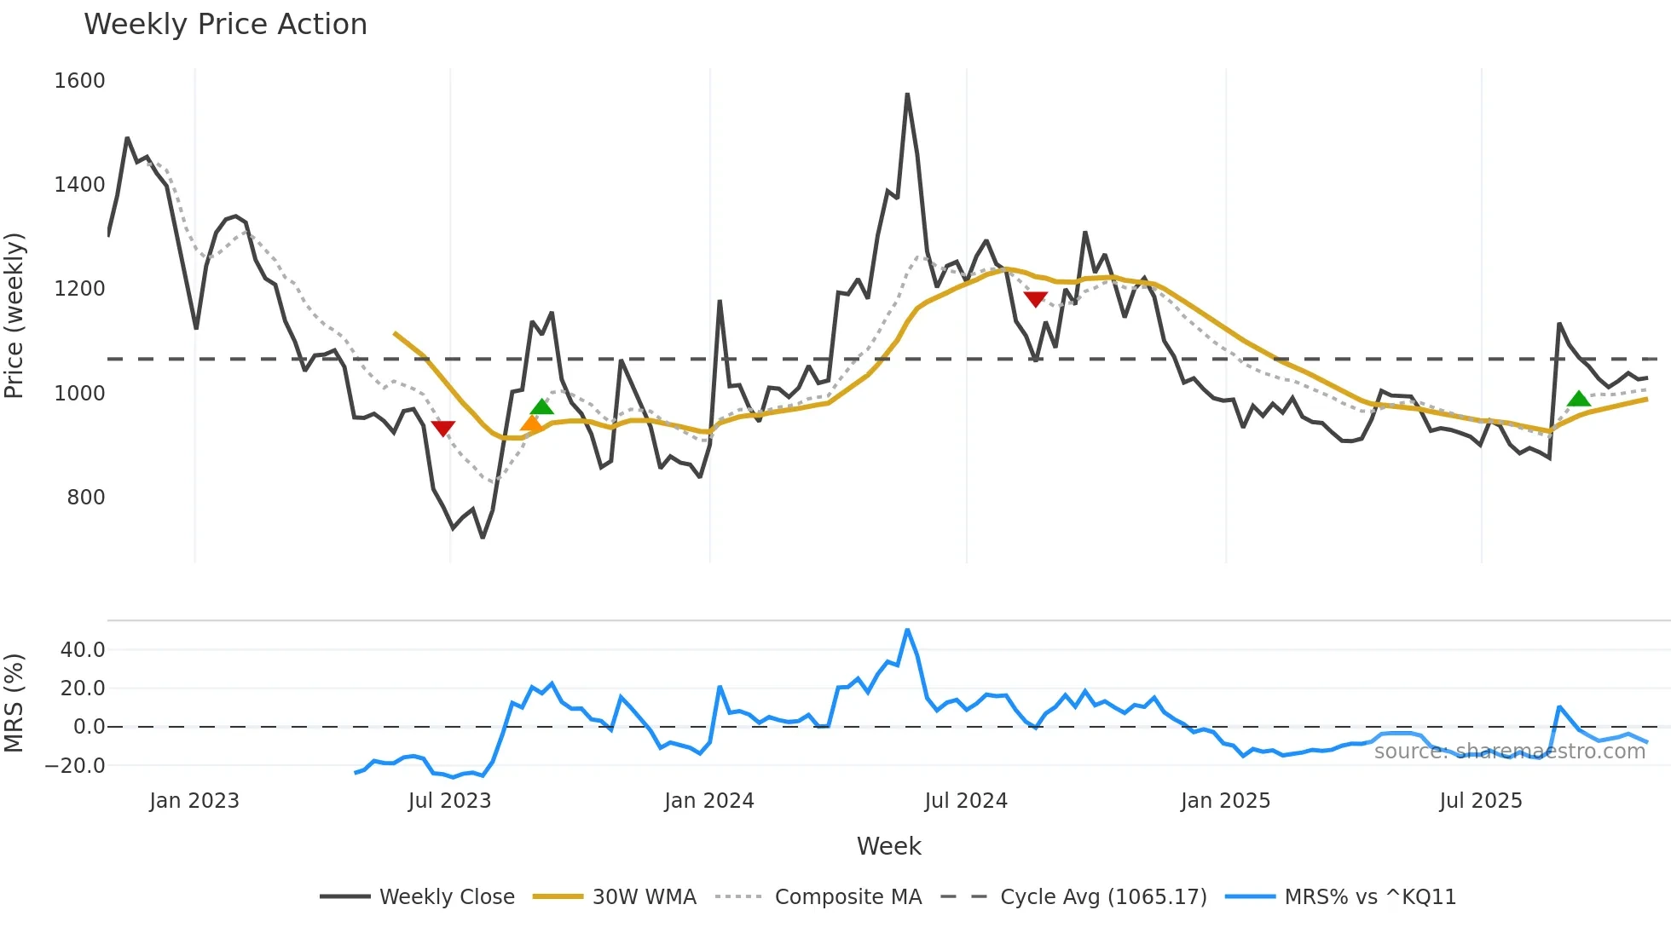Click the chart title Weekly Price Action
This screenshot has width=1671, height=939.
(225, 24)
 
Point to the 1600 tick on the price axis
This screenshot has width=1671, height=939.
(79, 81)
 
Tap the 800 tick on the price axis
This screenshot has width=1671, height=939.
(85, 497)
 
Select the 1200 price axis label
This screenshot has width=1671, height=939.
(79, 289)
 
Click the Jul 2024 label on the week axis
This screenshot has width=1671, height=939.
(965, 801)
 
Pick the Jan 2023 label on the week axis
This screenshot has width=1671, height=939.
(194, 801)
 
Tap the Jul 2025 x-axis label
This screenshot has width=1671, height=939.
(1480, 801)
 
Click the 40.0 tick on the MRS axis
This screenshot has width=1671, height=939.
(83, 650)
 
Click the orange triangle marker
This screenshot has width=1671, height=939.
(531, 423)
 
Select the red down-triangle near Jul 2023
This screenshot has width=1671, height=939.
(442, 428)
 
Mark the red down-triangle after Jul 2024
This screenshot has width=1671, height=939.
(1035, 299)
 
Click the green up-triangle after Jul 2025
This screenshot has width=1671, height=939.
(1578, 398)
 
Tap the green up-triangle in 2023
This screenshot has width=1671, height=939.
(542, 406)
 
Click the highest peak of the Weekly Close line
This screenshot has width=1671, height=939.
(907, 95)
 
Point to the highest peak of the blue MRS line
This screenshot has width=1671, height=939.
(907, 631)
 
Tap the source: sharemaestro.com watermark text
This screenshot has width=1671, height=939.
(1509, 752)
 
